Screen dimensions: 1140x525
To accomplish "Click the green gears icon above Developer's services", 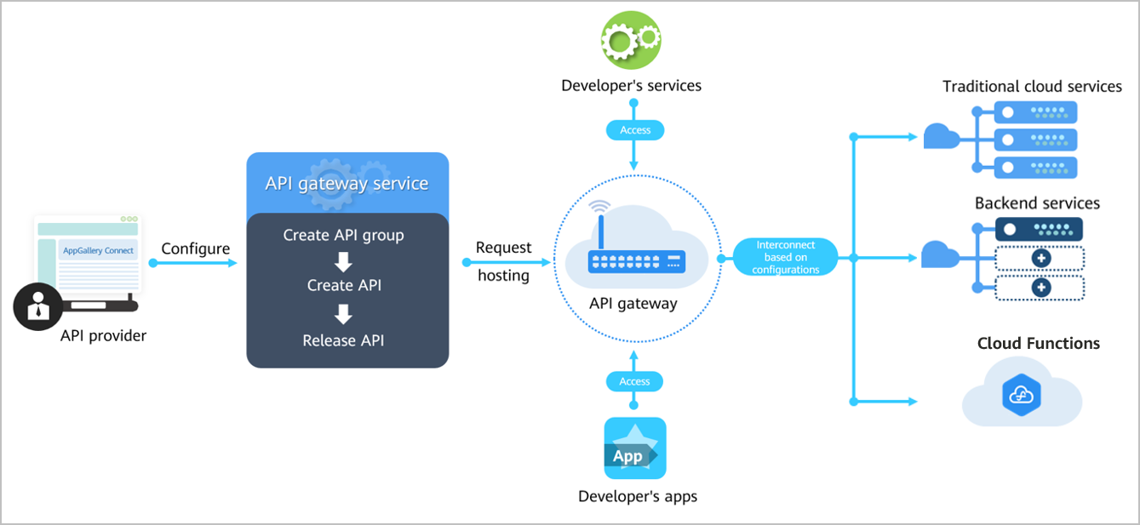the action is pos(631,40).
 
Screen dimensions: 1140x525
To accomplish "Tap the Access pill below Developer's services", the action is pos(635,130).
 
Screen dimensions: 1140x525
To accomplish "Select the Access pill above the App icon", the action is pos(634,381).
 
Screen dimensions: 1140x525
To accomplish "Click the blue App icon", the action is pos(635,448).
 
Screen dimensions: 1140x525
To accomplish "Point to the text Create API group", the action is pos(343,235).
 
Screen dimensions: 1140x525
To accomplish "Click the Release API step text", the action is pos(343,340).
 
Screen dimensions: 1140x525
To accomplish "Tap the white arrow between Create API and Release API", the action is pos(343,314).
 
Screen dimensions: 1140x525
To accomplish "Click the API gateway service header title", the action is pos(347,183).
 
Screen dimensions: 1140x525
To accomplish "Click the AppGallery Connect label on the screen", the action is pos(98,250).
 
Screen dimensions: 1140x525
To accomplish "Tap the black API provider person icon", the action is pos(38,306).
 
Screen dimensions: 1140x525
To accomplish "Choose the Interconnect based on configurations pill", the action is pos(785,258).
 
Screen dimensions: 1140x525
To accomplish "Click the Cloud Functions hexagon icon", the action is pos(1022,395).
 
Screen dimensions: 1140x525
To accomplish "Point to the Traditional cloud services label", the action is pos(1032,87).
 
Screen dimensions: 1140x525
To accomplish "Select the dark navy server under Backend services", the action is pos(1039,230).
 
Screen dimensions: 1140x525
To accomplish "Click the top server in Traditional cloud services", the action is pos(1035,112).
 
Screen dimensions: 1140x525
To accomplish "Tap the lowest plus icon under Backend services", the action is pos(1041,288).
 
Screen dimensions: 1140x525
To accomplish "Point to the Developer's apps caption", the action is pos(638,497).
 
